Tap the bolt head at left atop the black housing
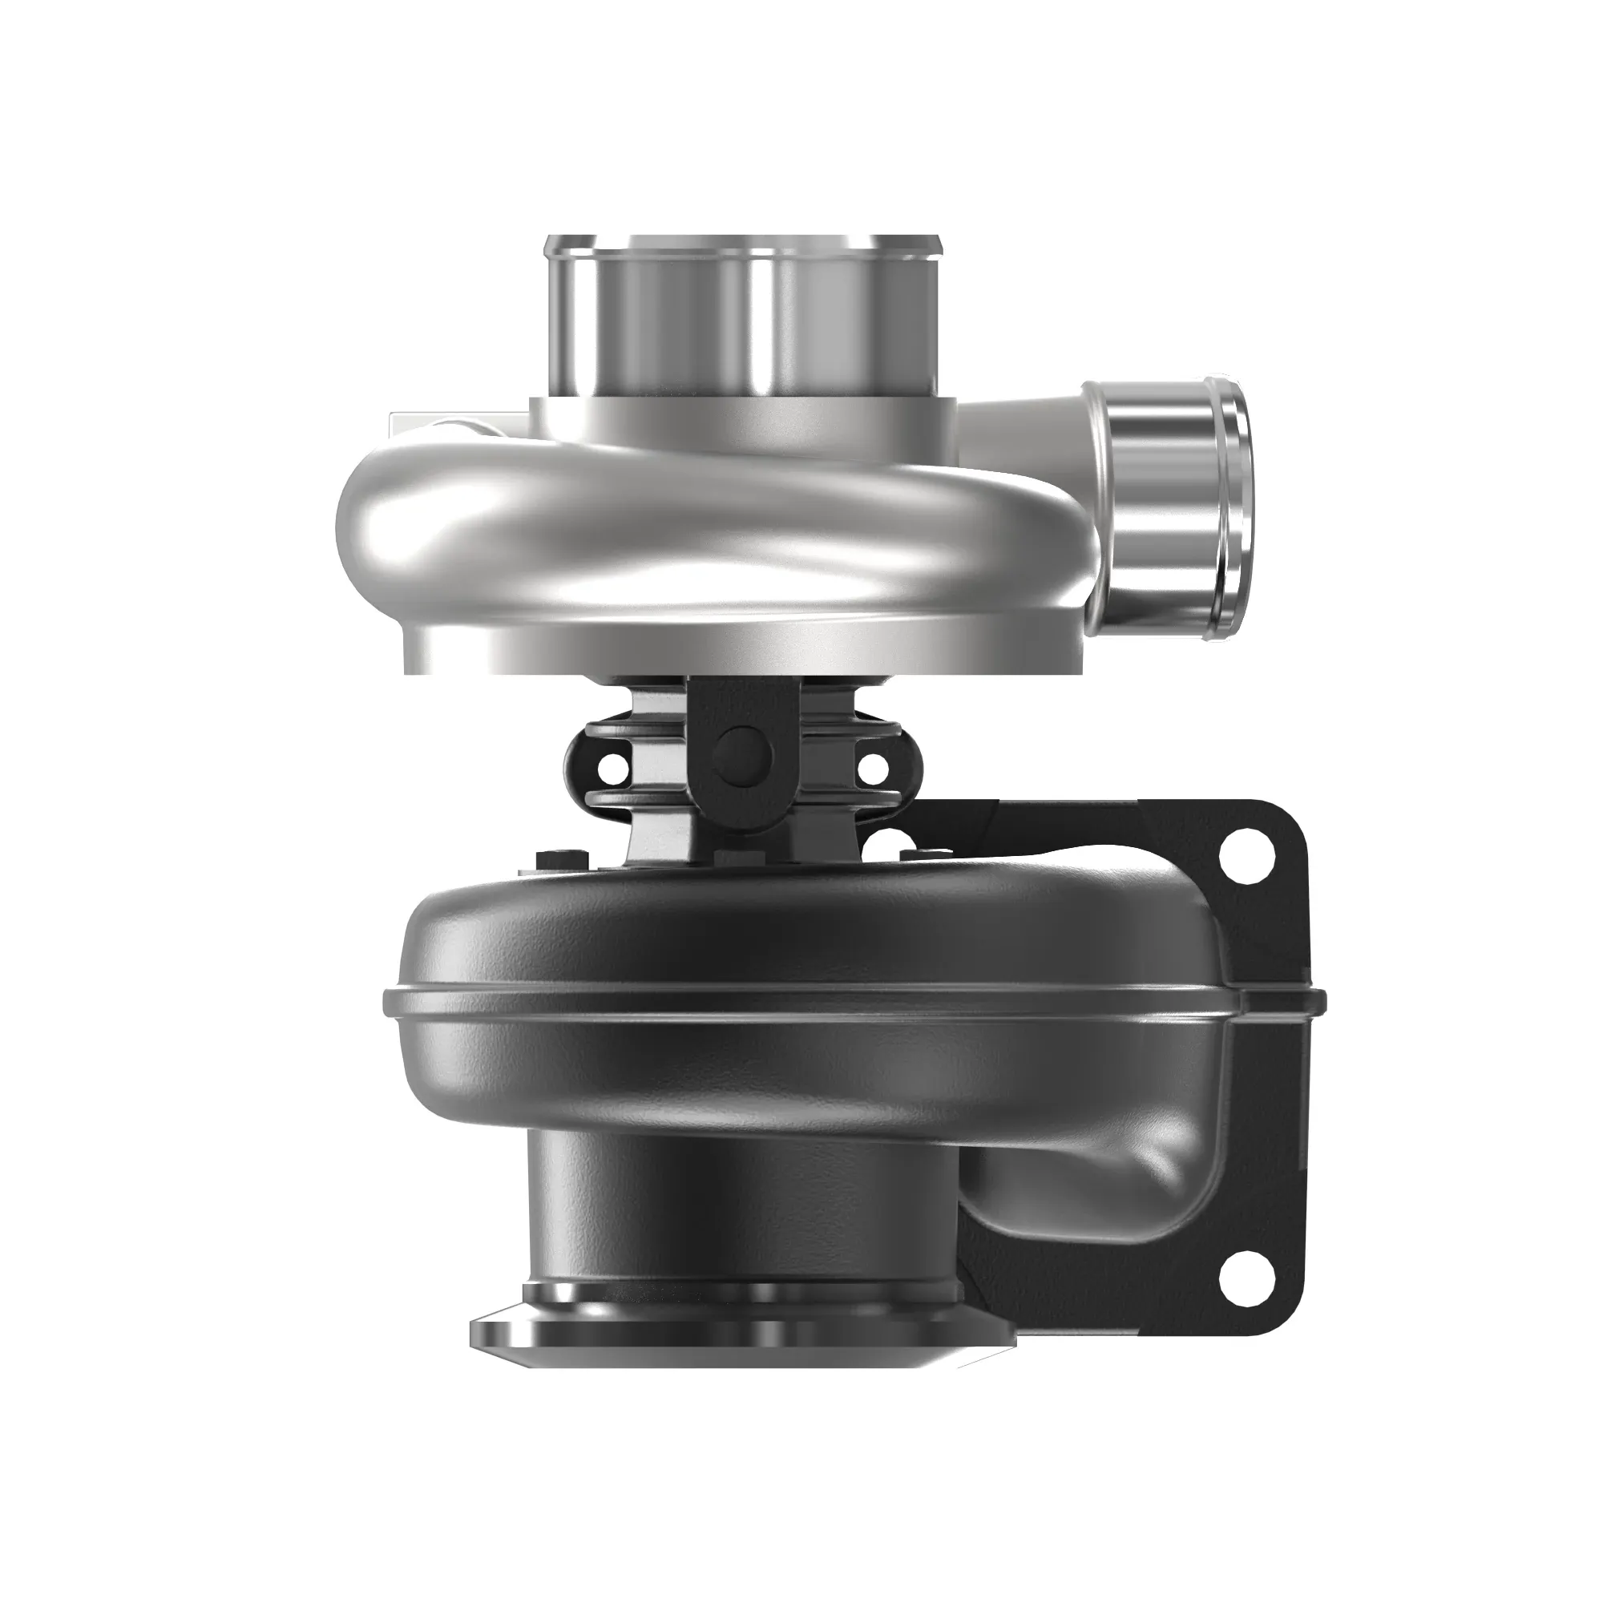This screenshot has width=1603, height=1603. pos(551,859)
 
